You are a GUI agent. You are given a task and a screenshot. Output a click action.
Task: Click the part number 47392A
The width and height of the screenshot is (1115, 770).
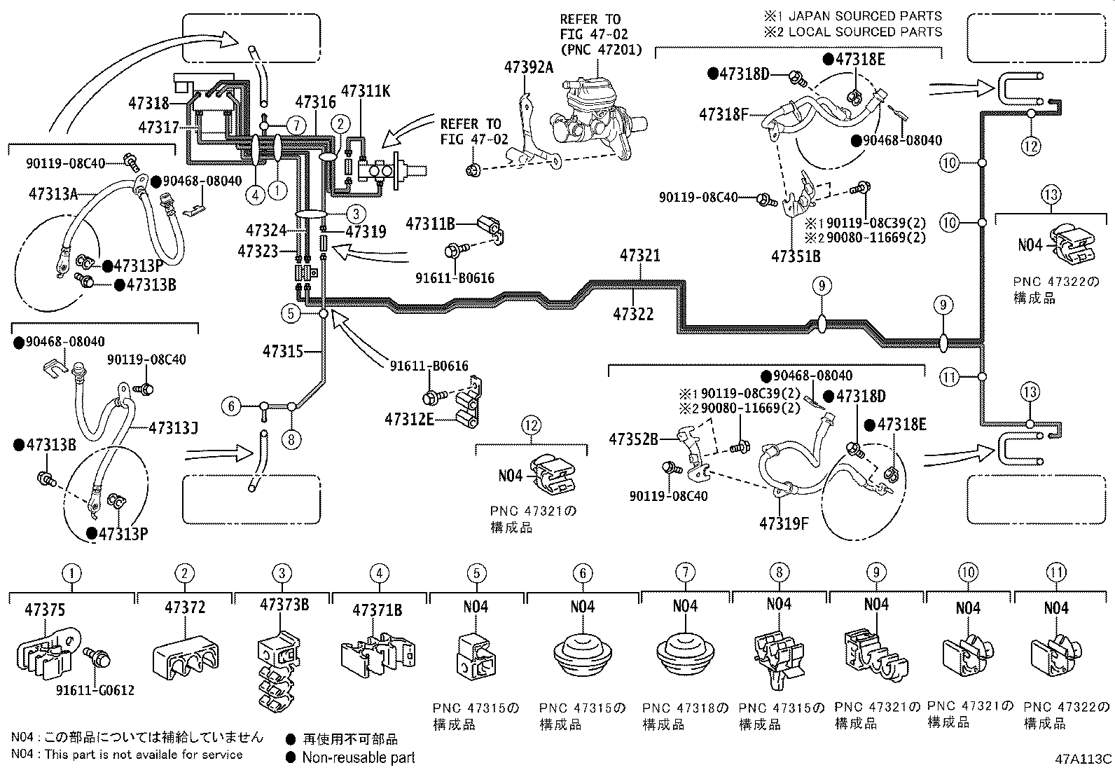click(529, 67)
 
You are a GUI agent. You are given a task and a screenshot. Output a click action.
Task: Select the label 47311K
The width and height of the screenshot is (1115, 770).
click(366, 91)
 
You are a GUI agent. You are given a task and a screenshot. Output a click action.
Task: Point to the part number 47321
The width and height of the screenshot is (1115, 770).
click(639, 256)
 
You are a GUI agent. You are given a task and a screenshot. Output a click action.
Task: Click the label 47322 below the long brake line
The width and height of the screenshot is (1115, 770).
click(633, 315)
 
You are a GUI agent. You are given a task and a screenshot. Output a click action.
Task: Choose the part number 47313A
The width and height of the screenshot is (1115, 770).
click(53, 194)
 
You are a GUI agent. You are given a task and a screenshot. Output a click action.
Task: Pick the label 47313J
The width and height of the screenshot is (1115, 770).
click(173, 428)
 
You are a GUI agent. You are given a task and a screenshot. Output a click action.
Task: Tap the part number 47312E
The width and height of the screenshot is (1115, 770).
click(409, 420)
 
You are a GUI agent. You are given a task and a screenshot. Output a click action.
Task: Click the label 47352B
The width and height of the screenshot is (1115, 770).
click(634, 439)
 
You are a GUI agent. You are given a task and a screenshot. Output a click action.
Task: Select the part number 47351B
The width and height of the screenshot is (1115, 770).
click(796, 256)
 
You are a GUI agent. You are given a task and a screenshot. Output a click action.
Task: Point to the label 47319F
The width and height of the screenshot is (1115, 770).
click(784, 523)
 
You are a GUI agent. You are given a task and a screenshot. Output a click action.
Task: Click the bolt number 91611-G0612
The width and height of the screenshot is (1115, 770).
click(95, 690)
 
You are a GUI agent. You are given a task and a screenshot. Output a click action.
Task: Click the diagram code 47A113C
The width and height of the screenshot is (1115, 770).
click(1083, 759)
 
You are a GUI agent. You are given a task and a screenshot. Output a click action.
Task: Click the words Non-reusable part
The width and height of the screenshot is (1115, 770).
click(359, 758)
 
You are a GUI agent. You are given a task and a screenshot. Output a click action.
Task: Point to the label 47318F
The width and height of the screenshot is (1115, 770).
click(723, 115)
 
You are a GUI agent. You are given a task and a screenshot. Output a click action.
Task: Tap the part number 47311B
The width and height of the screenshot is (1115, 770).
click(430, 224)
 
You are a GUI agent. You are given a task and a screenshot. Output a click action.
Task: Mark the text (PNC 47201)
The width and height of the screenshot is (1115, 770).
click(602, 50)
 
